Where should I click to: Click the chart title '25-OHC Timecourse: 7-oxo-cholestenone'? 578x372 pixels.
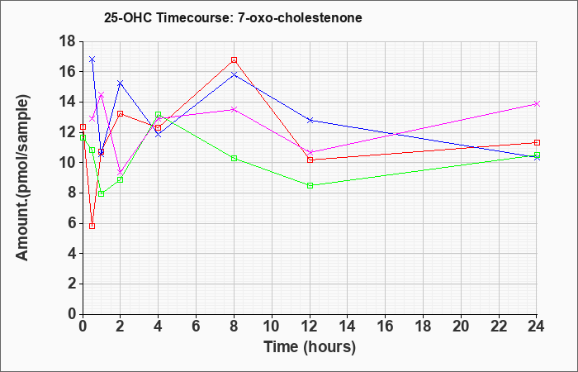tap(233, 17)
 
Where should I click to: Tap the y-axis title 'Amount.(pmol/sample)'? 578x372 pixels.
tap(22, 178)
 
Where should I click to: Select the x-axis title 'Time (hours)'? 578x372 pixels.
tap(310, 347)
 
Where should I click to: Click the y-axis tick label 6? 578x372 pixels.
tap(73, 223)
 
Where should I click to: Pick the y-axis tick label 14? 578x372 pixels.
tap(69, 102)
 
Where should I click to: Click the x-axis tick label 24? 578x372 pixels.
tap(536, 327)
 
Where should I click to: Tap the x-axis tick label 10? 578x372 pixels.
tap(272, 327)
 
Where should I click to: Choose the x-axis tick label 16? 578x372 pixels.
tap(385, 327)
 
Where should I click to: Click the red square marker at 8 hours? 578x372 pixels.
tap(234, 60)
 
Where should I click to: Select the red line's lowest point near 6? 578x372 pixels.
tap(92, 226)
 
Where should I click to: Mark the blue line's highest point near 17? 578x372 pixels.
tap(92, 60)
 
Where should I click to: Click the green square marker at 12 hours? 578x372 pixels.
tap(310, 186)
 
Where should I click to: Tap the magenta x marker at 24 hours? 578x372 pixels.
tap(537, 103)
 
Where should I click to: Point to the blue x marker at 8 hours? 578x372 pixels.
tap(234, 74)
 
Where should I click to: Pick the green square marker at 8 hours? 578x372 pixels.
tap(234, 159)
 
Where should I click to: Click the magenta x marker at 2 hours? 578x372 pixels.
tap(121, 173)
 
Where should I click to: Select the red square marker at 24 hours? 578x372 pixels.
tap(537, 142)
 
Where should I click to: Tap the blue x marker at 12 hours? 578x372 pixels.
tap(310, 121)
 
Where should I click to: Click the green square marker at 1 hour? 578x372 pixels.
tap(102, 193)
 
